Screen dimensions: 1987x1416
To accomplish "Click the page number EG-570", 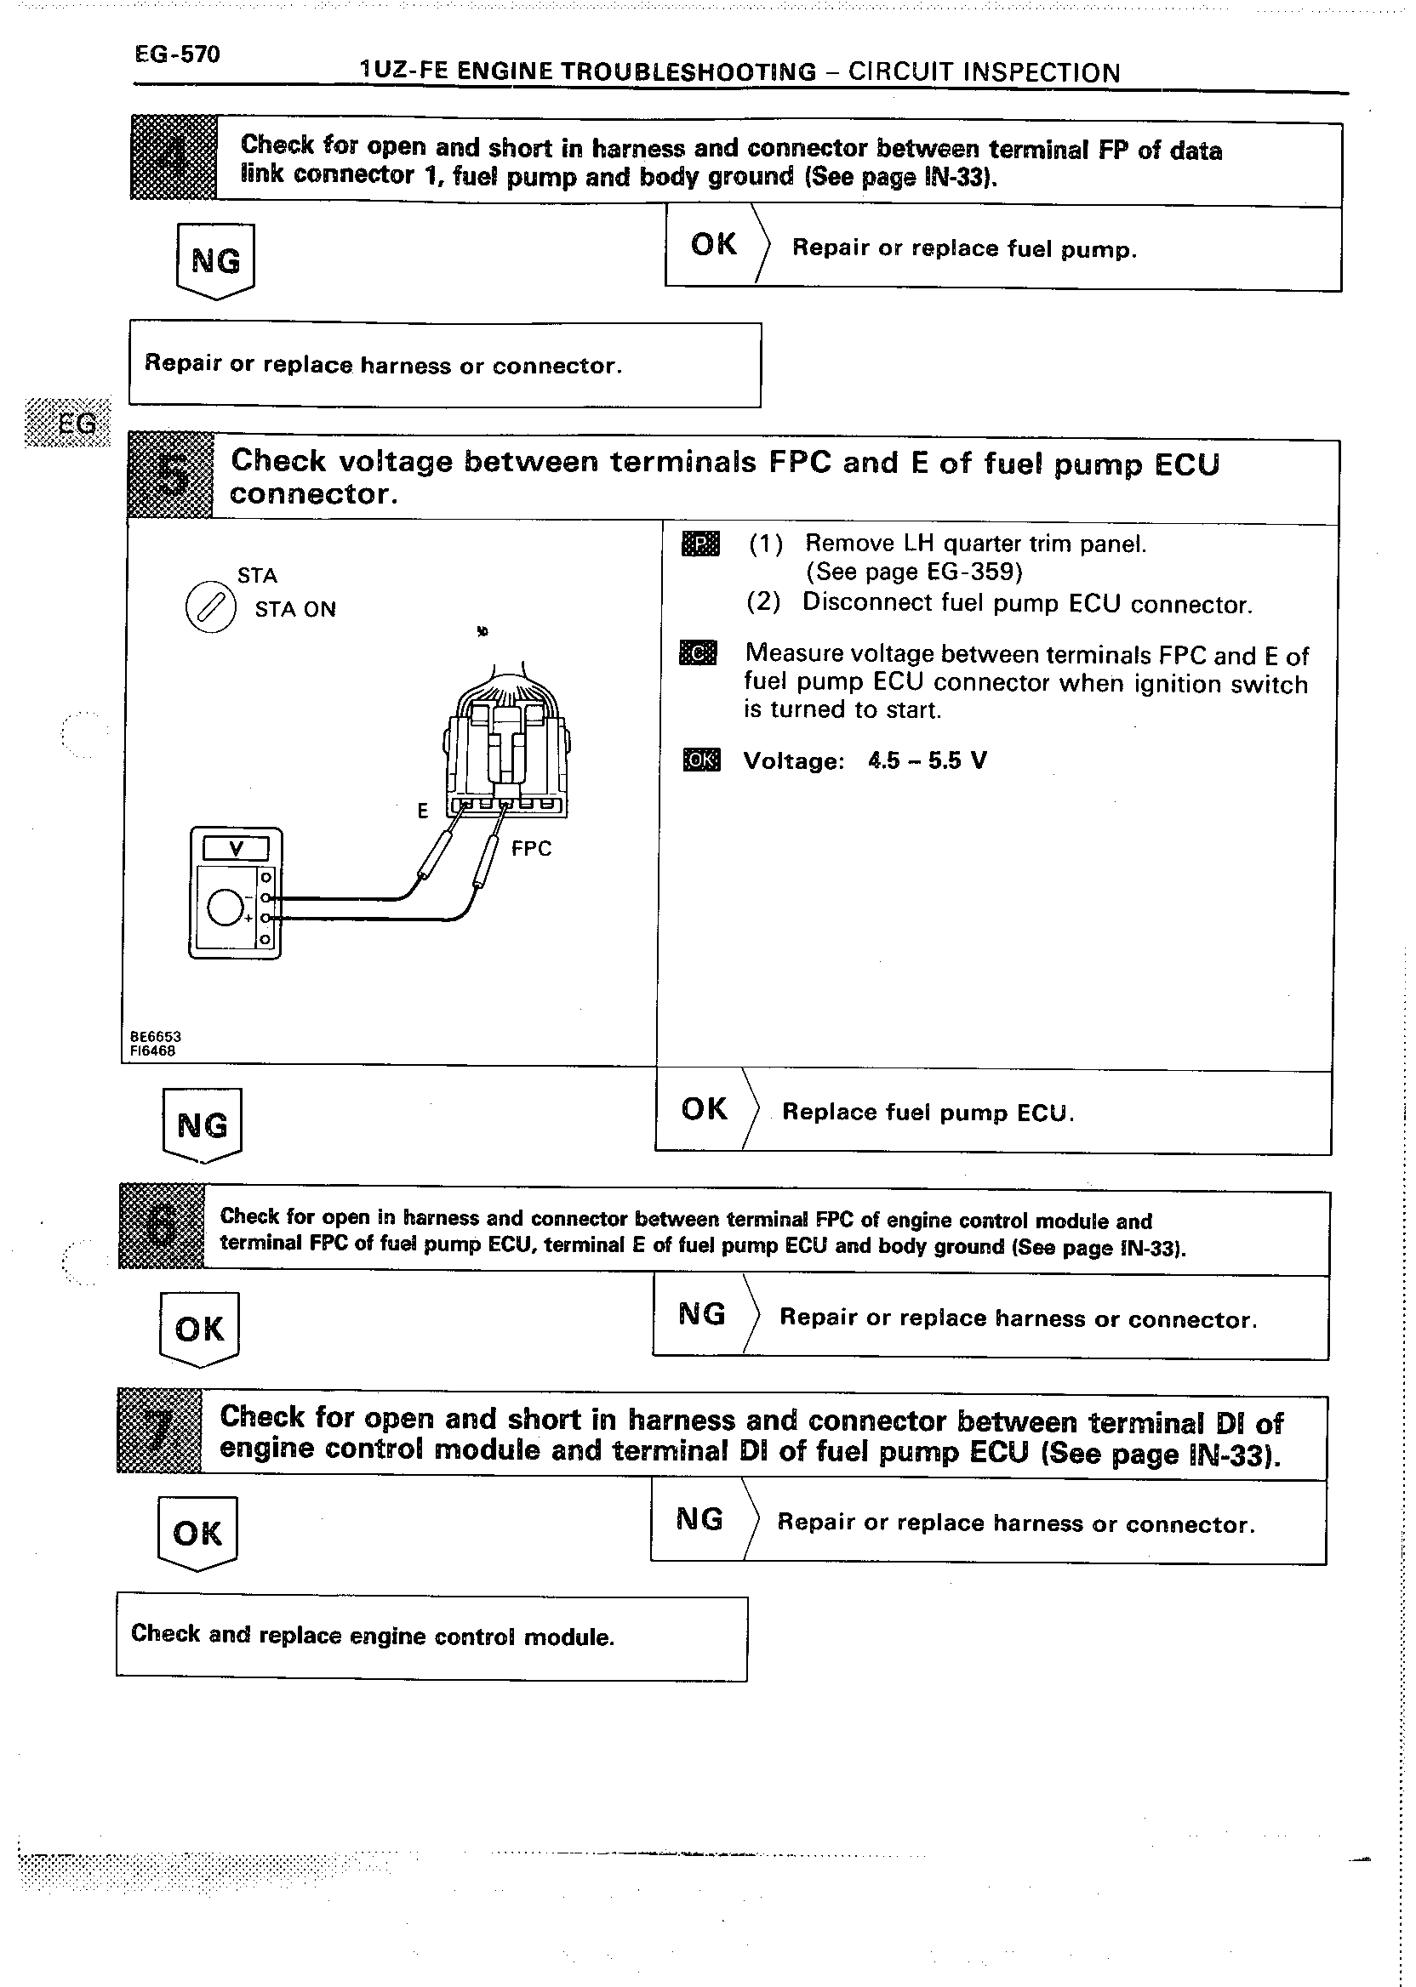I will pyautogui.click(x=177, y=54).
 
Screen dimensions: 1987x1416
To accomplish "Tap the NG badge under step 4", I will pyautogui.click(x=215, y=260).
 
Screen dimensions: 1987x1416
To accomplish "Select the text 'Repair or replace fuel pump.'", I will pyautogui.click(x=964, y=249).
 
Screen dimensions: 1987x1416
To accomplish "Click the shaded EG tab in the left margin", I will pyautogui.click(x=69, y=423).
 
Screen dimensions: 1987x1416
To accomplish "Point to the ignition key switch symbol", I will pyautogui.click(x=210, y=606).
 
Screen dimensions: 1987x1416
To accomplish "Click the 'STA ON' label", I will pyautogui.click(x=294, y=609).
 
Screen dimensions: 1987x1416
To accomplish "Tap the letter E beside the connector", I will pyautogui.click(x=423, y=811).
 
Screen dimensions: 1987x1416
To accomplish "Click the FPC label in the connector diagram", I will pyautogui.click(x=531, y=848).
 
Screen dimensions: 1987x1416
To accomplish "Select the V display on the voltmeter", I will pyautogui.click(x=236, y=848).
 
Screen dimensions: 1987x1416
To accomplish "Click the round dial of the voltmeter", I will pyautogui.click(x=225, y=908).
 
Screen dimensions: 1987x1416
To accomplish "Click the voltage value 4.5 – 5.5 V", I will pyautogui.click(x=927, y=760).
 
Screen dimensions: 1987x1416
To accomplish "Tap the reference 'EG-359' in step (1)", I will pyautogui.click(x=972, y=572).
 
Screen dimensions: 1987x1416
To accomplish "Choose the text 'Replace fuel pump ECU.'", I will pyautogui.click(x=928, y=1112).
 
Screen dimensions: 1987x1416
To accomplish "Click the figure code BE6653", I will pyautogui.click(x=156, y=1036).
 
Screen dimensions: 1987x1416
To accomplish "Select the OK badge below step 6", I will pyautogui.click(x=200, y=1329).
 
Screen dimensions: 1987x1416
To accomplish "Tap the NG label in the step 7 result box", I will pyautogui.click(x=700, y=1519).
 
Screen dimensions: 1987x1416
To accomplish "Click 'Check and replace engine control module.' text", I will pyautogui.click(x=374, y=1635).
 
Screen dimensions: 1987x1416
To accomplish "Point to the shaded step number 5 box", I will pyautogui.click(x=171, y=476).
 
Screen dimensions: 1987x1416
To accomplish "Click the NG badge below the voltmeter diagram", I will pyautogui.click(x=203, y=1125).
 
